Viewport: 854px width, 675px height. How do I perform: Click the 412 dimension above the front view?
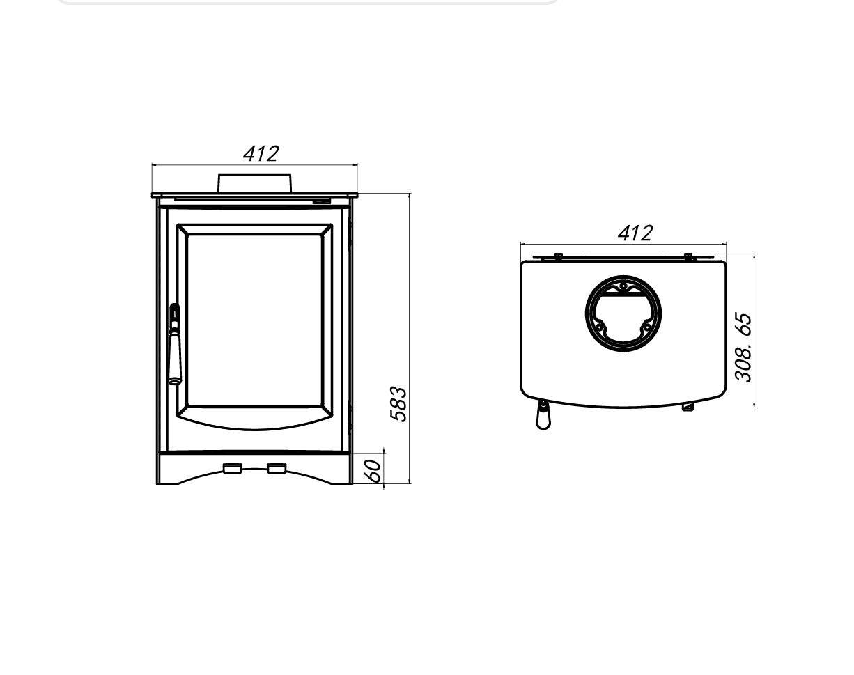point(261,153)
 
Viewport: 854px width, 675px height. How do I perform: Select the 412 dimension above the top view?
point(635,233)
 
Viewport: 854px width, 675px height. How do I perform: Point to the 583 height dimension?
point(398,404)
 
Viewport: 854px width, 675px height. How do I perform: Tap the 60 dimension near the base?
point(374,470)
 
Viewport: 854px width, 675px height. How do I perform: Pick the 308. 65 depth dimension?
point(744,347)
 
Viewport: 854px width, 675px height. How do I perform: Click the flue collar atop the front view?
point(254,183)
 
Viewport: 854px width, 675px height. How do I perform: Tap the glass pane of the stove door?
point(254,319)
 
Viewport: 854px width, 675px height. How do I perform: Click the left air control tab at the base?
point(232,468)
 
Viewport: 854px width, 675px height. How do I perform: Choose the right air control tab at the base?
point(277,468)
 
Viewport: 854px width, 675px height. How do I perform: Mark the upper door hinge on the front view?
point(350,233)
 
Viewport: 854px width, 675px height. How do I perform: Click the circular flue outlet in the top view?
point(623,313)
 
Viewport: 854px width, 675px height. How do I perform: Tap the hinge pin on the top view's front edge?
point(688,407)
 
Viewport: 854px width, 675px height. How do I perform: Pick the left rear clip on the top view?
point(558,256)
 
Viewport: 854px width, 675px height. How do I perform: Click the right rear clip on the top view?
point(688,256)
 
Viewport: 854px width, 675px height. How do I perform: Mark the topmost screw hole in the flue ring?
point(623,286)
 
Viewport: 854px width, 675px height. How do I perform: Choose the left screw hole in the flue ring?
point(598,327)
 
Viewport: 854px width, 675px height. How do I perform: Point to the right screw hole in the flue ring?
point(647,327)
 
